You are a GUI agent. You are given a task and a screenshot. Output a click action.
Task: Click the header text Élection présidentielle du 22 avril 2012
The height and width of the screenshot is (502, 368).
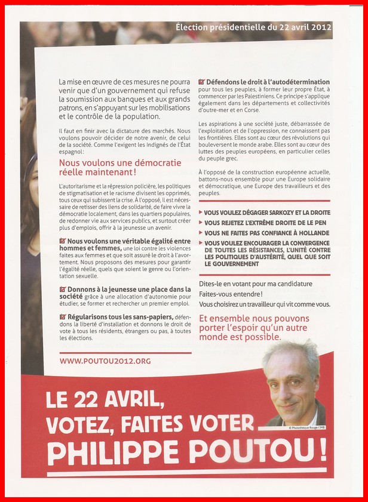click(253, 27)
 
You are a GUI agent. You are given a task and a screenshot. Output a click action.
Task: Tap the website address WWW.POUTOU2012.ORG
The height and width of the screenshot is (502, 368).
click(105, 361)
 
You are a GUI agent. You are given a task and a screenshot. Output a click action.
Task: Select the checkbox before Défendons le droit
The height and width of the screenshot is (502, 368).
click(201, 82)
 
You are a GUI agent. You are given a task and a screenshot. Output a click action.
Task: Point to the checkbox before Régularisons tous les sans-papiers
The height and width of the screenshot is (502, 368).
click(63, 316)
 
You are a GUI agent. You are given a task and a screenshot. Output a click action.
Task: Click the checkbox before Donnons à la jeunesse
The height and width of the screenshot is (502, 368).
click(63, 289)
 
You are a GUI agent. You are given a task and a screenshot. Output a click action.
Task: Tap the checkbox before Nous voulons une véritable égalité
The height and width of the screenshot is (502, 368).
click(63, 241)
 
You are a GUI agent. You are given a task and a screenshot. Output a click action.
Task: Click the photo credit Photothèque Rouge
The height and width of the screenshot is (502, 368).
click(306, 427)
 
